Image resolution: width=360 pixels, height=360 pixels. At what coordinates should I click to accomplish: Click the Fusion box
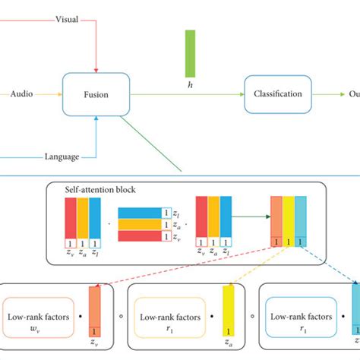click(96, 94)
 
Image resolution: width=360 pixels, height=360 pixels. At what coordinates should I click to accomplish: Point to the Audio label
click(21, 94)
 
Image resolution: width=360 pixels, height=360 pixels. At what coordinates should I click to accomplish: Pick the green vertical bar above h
click(190, 52)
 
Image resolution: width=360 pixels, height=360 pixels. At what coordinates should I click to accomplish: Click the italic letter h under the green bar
click(190, 84)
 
